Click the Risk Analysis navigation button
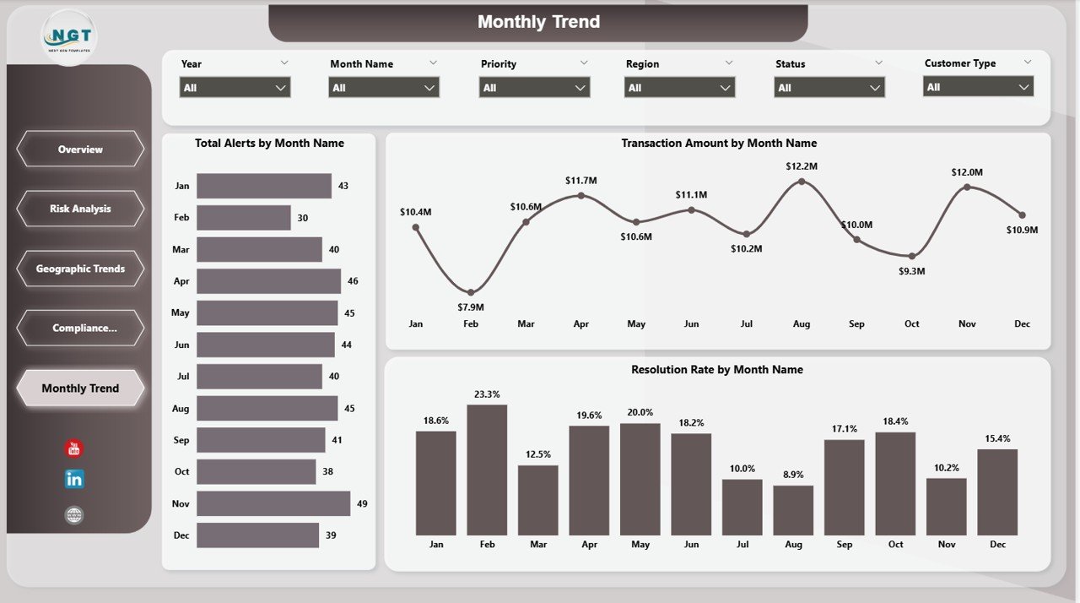80,209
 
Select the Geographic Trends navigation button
80,269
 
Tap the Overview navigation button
80,149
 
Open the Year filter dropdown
235,88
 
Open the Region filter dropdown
679,88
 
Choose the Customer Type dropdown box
978,87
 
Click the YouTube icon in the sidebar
74,449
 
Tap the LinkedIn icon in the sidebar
74,479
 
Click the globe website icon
74,515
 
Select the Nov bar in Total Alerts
273,503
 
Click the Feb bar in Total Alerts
244,218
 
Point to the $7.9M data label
470,307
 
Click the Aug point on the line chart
802,182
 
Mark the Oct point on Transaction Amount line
912,256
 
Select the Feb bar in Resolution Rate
487,470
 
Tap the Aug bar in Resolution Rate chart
793,510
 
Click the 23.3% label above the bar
487,394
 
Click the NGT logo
69,37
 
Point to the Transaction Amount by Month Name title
719,144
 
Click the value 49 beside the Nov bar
362,503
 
